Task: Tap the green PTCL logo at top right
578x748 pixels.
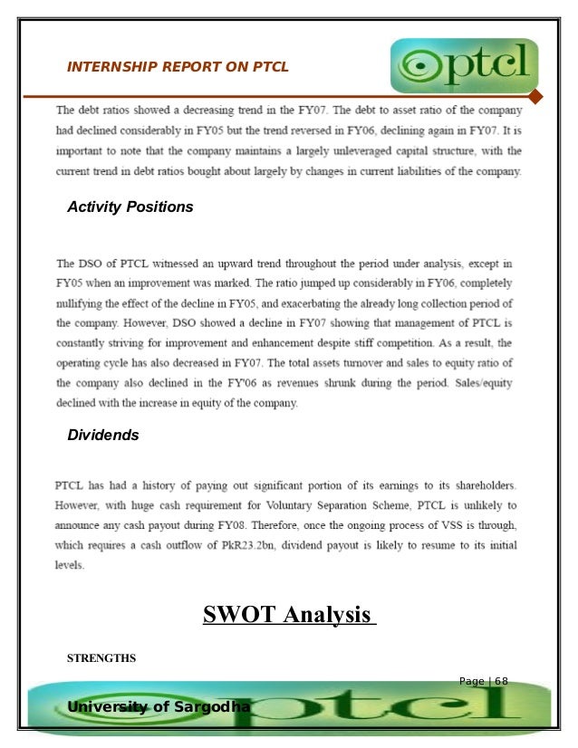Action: point(465,66)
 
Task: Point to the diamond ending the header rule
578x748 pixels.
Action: point(535,97)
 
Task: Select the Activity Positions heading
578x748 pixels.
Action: point(130,207)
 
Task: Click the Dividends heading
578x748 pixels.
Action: point(103,436)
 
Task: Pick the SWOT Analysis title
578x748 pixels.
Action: point(288,616)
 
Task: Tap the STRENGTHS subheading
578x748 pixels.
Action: point(101,658)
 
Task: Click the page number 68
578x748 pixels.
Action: point(501,681)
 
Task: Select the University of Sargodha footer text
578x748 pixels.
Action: point(159,705)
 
